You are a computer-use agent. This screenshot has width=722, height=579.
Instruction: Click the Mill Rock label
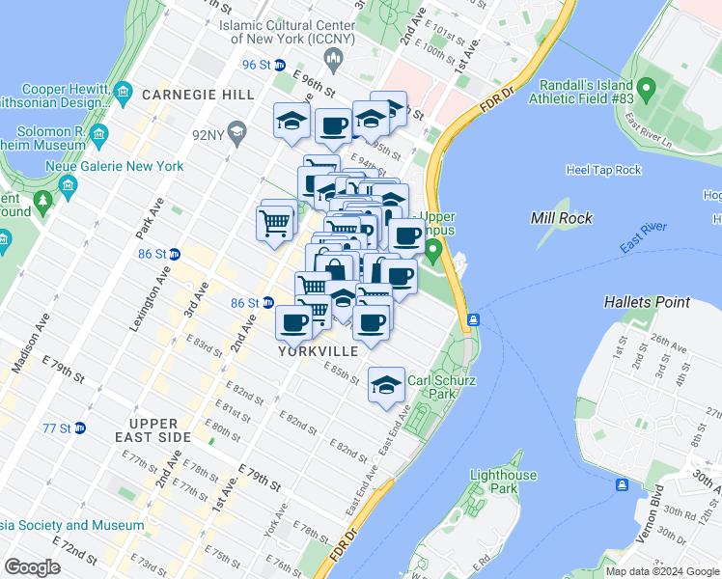point(562,218)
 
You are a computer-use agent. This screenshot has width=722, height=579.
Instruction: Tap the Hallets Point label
point(647,302)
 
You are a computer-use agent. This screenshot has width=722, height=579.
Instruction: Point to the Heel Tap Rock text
point(604,171)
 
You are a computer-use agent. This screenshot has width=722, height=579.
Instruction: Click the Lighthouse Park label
point(503,482)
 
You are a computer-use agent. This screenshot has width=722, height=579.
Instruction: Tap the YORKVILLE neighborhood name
point(318,351)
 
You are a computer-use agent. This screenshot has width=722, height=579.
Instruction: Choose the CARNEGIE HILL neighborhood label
point(198,95)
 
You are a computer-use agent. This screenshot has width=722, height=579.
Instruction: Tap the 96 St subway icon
point(280,66)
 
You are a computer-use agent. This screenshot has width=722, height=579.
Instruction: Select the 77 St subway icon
point(80,427)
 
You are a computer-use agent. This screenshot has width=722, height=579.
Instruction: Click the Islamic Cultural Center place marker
point(334,63)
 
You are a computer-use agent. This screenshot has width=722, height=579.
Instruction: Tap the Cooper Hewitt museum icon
point(123,93)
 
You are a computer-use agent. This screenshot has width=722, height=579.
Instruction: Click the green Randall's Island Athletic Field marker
point(646,94)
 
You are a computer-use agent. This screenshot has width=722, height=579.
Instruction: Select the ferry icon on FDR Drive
point(473,319)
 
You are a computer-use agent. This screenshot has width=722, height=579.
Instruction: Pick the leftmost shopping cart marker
point(275,222)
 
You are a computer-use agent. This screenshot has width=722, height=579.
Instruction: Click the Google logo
point(33,568)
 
